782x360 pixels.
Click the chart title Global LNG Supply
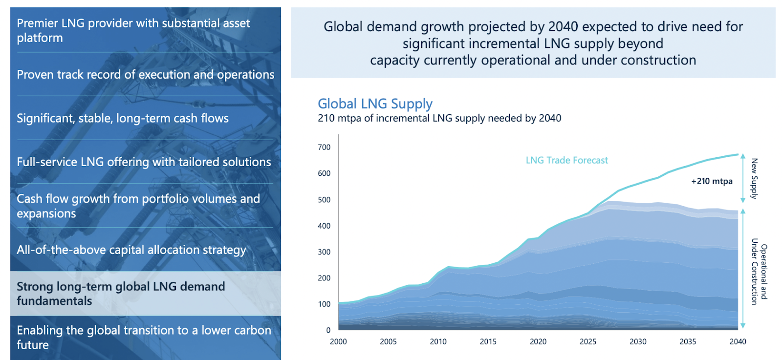(375, 104)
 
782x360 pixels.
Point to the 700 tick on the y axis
(324, 147)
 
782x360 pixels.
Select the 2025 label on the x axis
(588, 341)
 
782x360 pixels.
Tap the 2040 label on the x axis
(738, 341)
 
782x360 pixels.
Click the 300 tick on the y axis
(324, 252)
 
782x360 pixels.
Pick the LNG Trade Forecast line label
(566, 160)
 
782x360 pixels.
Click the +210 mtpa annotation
(712, 181)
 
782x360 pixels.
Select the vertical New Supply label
(754, 178)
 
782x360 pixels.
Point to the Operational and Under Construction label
(759, 272)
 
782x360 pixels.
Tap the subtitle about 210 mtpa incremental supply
(439, 118)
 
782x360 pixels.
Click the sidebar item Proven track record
(145, 75)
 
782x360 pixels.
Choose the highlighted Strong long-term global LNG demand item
(121, 294)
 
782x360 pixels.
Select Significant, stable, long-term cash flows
(122, 118)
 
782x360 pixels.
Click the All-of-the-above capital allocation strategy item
(131, 250)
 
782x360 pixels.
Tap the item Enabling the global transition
(144, 337)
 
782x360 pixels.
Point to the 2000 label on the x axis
(338, 341)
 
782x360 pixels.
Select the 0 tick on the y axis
(328, 330)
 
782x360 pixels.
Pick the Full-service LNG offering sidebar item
(144, 162)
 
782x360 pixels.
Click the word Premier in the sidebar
(37, 23)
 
